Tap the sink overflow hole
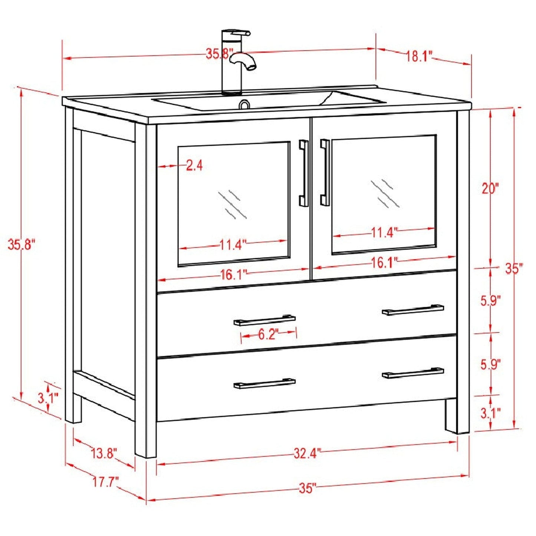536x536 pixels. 244,105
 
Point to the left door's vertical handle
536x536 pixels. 304,173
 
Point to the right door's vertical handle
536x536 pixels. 325,172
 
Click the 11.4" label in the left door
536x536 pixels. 233,245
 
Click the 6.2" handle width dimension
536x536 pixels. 268,335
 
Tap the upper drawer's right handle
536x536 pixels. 413,310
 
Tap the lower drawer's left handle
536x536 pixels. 264,384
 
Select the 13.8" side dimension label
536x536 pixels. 104,453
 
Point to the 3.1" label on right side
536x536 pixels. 491,413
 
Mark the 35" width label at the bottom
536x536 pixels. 308,488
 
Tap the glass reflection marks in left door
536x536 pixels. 233,204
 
